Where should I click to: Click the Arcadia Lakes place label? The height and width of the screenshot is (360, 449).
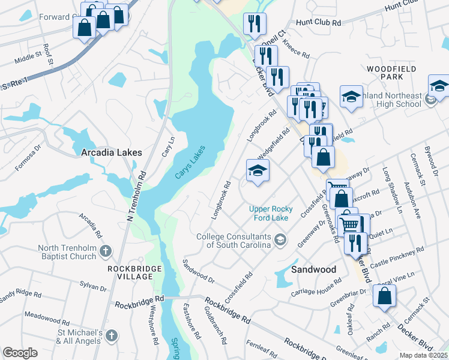click(x=111, y=153)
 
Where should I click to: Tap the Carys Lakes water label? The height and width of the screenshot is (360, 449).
click(x=190, y=163)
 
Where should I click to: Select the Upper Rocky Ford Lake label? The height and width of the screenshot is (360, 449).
click(x=268, y=213)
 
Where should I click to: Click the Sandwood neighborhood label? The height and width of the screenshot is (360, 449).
click(x=313, y=269)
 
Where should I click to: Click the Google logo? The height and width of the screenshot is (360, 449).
click(x=20, y=353)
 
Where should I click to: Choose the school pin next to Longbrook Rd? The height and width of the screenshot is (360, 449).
click(x=258, y=170)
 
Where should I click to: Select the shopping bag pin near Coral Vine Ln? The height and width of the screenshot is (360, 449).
click(x=384, y=296)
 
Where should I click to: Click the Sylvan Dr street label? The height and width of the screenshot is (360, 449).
click(x=94, y=287)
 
